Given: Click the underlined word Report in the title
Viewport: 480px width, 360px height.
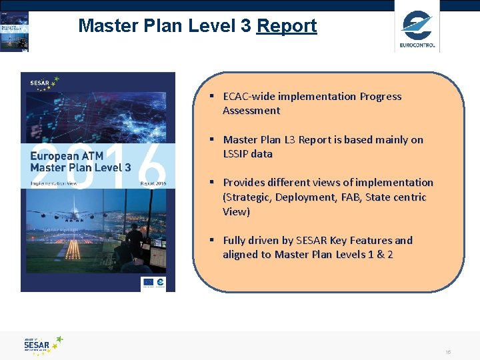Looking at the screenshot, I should click(x=287, y=26).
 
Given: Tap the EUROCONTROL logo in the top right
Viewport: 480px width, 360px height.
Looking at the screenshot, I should click(x=417, y=29).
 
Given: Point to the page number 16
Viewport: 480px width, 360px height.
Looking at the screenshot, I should click(x=449, y=351).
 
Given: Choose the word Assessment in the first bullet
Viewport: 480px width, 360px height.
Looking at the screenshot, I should click(x=251, y=111).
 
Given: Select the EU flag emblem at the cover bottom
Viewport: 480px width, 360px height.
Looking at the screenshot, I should click(x=148, y=283).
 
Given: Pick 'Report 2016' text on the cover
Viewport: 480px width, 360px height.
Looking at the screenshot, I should click(x=153, y=183).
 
